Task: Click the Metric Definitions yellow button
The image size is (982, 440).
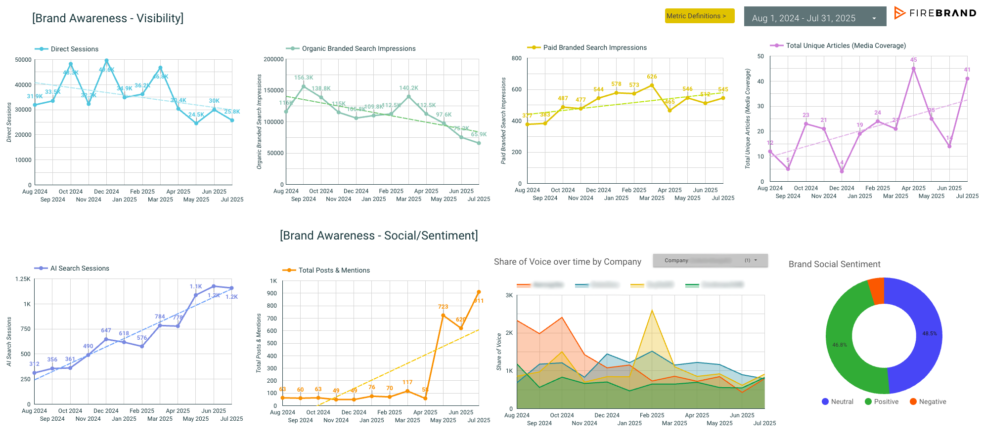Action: (699, 16)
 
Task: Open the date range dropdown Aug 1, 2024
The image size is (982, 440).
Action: (814, 18)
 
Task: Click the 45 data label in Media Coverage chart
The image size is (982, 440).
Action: (913, 60)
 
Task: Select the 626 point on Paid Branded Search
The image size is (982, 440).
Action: (652, 85)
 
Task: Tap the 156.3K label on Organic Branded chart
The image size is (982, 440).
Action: (304, 78)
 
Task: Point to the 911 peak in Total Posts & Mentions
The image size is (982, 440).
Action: (479, 292)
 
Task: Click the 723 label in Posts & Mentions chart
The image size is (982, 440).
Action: (443, 307)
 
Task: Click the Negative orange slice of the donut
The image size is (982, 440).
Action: (876, 291)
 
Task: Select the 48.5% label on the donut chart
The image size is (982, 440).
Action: (929, 334)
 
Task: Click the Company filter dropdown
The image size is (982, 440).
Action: (710, 260)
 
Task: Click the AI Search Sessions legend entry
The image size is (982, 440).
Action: (79, 268)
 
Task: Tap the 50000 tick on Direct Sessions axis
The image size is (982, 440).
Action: (23, 60)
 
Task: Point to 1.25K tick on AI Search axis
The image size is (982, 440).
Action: (23, 279)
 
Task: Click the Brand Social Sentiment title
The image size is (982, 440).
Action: (834, 264)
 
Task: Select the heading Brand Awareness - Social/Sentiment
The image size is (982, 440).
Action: (379, 236)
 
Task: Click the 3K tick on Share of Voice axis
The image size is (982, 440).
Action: (509, 295)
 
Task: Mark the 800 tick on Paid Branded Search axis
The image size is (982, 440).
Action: (516, 58)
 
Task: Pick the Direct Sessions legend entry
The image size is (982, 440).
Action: (74, 49)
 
